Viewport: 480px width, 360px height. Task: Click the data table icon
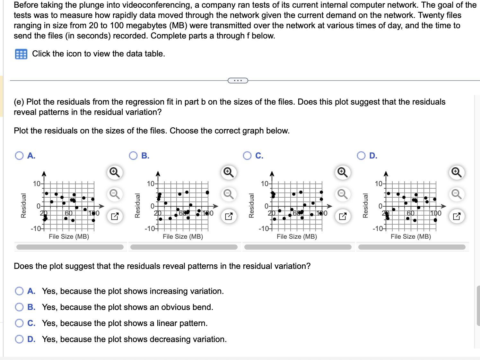[x=21, y=54]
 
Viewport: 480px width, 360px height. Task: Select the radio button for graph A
[x=19, y=156]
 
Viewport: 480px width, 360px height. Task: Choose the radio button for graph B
[x=133, y=156]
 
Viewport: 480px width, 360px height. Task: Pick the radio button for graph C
[x=247, y=156]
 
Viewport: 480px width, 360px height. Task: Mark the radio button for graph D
[x=361, y=156]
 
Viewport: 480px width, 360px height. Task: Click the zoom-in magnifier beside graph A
[x=115, y=172]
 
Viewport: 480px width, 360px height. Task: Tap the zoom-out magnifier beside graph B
[x=229, y=194]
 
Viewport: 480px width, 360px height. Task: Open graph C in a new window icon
[x=343, y=216]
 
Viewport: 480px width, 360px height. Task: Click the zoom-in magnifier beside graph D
[x=457, y=172]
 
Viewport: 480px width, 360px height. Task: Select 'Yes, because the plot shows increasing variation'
[x=19, y=291]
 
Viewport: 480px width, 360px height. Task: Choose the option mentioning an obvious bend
[x=19, y=307]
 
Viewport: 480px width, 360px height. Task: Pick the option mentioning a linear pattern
[x=19, y=323]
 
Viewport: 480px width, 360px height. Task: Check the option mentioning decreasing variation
[x=19, y=339]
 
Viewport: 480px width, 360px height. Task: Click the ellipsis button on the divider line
[x=238, y=81]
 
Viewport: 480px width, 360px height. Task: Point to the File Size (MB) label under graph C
[x=297, y=236]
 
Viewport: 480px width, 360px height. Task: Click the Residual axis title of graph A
[x=23, y=206]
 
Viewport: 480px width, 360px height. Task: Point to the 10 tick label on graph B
[x=150, y=184]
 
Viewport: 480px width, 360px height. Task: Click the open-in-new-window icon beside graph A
[x=115, y=216]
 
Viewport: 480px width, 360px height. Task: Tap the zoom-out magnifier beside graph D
[x=457, y=194]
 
